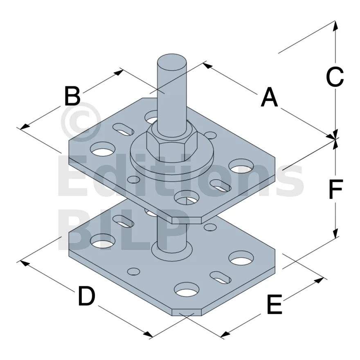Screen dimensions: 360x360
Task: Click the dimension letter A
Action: click(269, 97)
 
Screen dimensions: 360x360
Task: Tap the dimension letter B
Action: click(72, 96)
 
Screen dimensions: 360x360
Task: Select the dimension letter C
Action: click(335, 77)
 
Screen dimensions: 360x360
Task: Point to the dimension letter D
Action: click(87, 296)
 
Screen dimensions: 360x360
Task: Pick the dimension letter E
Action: click(274, 304)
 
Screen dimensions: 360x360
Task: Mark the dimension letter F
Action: click(336, 189)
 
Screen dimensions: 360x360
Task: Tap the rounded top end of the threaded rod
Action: click(172, 60)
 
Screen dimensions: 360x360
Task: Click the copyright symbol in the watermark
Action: click(81, 122)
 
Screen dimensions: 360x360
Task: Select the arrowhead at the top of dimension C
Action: click(335, 25)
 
